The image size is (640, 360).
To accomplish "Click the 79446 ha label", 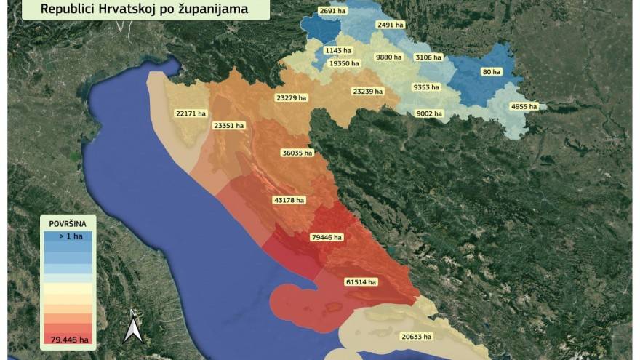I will [x=327, y=237].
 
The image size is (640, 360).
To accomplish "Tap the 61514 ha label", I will [x=361, y=281].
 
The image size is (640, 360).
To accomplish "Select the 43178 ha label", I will [x=289, y=199].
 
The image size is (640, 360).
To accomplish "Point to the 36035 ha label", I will [x=297, y=153].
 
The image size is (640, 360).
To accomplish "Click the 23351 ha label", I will [x=229, y=125].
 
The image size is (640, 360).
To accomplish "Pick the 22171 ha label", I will [x=191, y=113].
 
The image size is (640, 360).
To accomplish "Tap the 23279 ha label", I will [x=291, y=97].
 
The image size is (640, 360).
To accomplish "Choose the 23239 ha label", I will [x=367, y=92].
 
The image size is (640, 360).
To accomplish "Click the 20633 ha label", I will [x=417, y=337].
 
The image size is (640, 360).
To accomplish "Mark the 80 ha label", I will [x=492, y=72].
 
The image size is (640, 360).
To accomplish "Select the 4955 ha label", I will [x=524, y=106].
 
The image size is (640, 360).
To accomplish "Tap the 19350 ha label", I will [x=344, y=63].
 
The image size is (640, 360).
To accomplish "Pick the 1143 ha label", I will [x=338, y=50].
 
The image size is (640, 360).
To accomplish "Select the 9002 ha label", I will [x=430, y=113].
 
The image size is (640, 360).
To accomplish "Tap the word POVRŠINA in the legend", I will [x=67, y=225].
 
